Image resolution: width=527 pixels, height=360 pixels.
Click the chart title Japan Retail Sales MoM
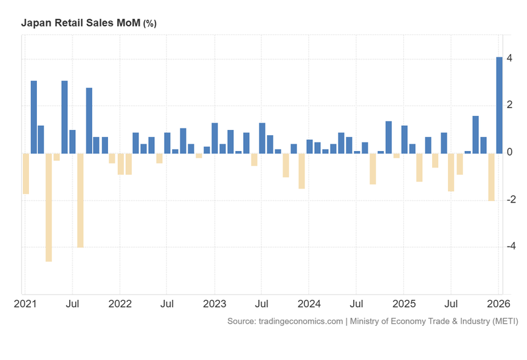(x=81, y=23)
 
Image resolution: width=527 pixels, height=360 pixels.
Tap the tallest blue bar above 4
(x=499, y=105)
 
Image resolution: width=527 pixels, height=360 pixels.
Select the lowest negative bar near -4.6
(x=49, y=207)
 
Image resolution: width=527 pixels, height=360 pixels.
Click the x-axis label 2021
(x=25, y=305)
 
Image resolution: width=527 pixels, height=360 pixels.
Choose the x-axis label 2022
(x=120, y=305)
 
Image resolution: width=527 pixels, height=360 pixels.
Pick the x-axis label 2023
(x=214, y=305)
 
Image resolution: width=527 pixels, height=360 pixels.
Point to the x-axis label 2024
(x=309, y=305)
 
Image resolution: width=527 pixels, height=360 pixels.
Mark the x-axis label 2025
(x=404, y=305)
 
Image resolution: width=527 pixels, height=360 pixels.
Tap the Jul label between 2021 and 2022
(x=72, y=305)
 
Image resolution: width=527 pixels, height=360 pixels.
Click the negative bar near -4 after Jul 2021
(x=80, y=200)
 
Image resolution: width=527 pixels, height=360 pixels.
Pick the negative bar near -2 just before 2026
(x=491, y=177)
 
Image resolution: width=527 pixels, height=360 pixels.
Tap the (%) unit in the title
(x=150, y=24)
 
